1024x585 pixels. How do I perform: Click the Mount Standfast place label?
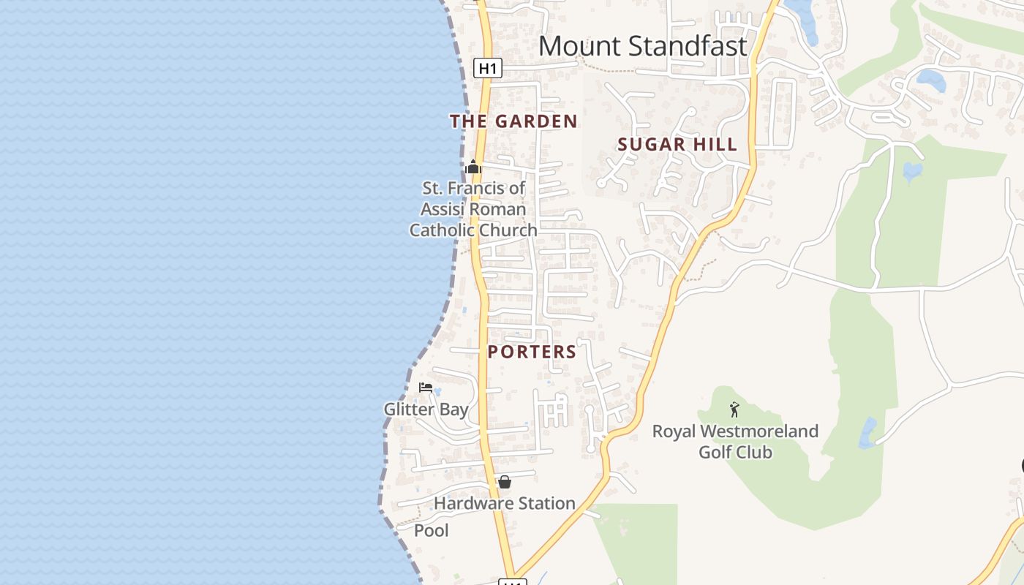(642, 46)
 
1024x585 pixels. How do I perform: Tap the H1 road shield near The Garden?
(488, 69)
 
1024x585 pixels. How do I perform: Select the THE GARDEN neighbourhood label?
(513, 121)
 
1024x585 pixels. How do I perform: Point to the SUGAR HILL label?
(677, 145)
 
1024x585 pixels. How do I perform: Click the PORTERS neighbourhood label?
(532, 352)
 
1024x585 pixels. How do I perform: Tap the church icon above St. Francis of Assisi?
(473, 167)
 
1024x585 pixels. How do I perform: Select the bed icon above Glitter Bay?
(426, 388)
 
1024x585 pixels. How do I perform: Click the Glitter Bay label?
(426, 409)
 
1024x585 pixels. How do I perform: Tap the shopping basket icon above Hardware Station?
(504, 482)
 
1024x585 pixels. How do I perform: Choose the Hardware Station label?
(504, 503)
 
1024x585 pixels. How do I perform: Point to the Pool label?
(432, 530)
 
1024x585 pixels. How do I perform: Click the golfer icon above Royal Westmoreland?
(734, 409)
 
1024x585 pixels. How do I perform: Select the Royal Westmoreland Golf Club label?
(735, 442)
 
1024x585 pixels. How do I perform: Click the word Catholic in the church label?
(442, 230)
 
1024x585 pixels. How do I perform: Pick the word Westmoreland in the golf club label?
(763, 431)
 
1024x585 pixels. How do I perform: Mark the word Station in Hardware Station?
(546, 503)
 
